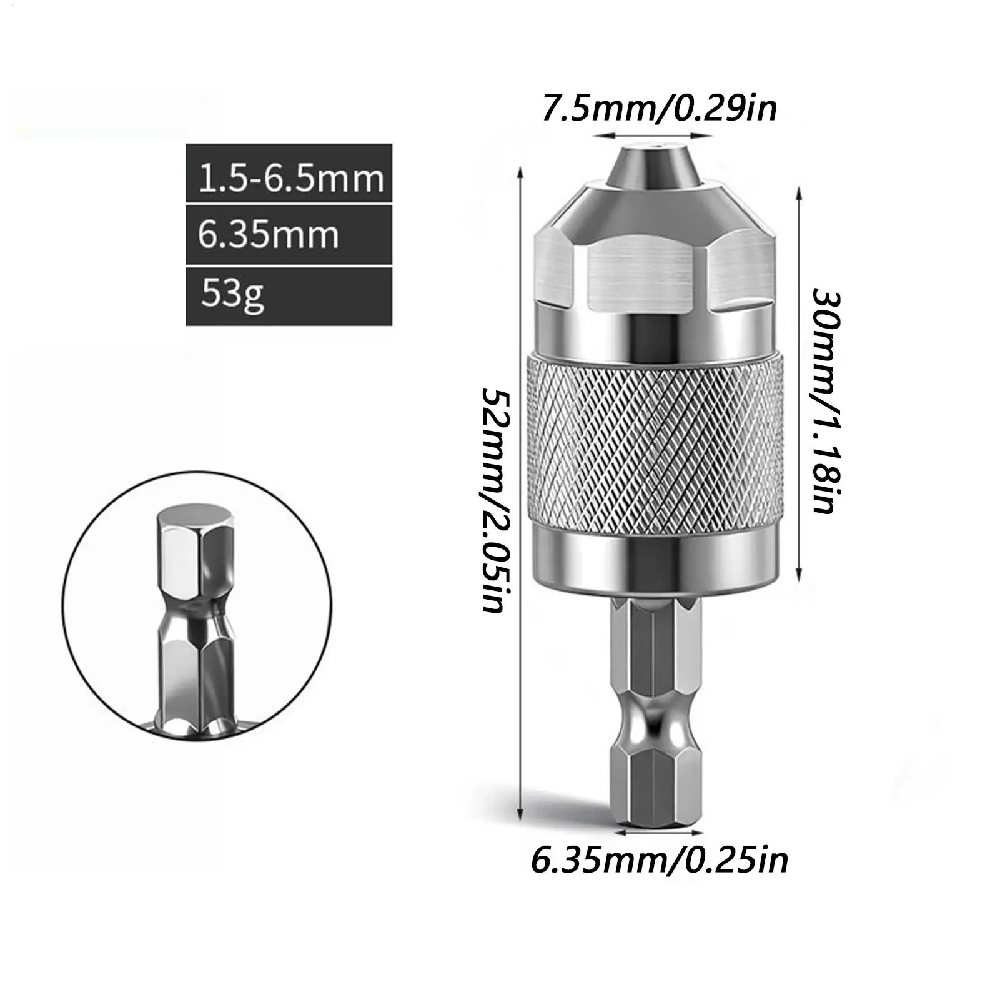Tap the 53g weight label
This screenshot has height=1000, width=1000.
point(289,296)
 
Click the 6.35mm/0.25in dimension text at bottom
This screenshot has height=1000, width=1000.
point(660,861)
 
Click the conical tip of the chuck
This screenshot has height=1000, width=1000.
point(653,166)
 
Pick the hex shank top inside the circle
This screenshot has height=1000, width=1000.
point(195,522)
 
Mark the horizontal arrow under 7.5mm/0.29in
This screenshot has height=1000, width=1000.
point(653,136)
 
